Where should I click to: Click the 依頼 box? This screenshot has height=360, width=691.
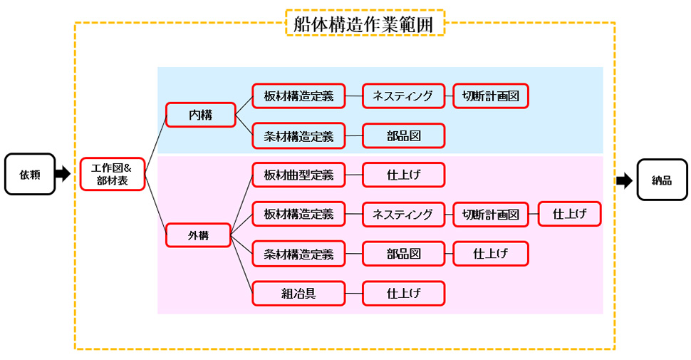30,173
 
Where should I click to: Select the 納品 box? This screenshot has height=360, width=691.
662,180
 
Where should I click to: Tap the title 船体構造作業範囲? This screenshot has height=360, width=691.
364,24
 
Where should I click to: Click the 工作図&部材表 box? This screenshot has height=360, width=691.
113,174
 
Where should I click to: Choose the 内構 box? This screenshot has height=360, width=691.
200,115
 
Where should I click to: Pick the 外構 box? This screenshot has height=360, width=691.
198,235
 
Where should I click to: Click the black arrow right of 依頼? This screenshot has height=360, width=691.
63,173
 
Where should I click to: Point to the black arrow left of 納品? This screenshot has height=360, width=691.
624,180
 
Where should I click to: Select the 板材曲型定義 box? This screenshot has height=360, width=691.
298,174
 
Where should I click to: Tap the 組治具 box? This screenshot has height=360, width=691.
298,292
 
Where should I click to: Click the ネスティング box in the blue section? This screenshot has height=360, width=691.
403,96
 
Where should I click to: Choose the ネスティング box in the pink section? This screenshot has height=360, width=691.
403,214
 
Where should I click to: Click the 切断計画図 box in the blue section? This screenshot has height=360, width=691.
491,96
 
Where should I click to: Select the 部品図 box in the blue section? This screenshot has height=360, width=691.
403,135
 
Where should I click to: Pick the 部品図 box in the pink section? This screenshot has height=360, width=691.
403,253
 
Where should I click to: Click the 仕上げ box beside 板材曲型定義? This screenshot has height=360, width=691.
403,174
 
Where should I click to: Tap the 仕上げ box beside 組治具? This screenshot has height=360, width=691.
403,292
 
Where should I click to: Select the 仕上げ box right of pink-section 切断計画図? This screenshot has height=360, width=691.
569,213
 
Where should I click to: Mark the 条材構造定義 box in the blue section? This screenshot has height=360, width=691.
298,135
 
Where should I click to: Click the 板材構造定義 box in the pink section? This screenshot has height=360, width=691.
298,214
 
